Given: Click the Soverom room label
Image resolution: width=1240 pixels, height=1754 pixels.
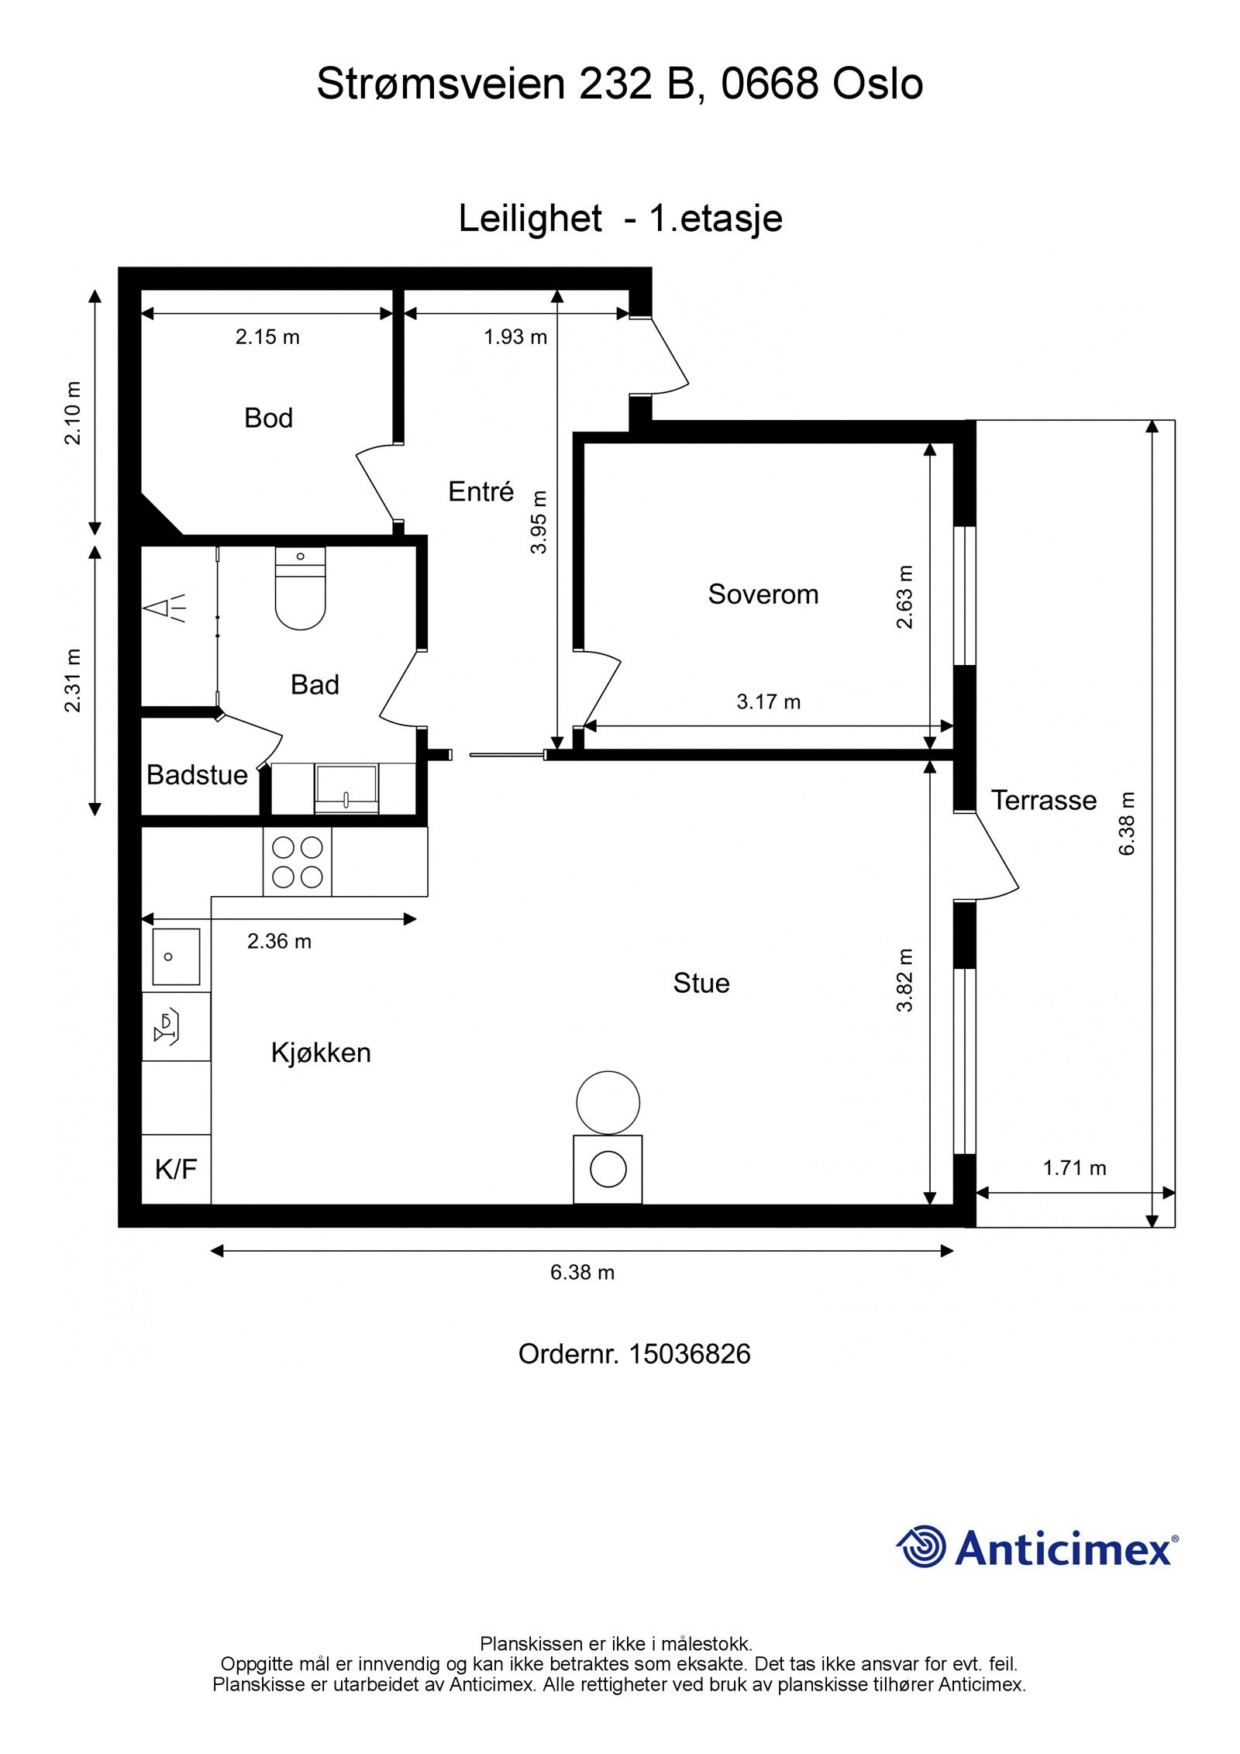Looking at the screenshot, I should (763, 594).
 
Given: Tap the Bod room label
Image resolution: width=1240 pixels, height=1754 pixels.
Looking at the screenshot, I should (268, 419).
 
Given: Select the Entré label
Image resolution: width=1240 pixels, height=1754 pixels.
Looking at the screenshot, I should (480, 492).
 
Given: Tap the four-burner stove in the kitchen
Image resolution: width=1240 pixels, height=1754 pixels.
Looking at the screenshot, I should (298, 862).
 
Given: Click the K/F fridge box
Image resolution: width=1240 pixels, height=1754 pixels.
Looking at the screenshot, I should (176, 1170).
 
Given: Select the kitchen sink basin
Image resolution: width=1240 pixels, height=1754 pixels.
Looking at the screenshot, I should (176, 956).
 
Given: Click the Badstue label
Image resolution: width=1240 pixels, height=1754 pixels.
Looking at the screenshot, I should (197, 775).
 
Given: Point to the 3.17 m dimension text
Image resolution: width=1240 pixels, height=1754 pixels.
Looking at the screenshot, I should (768, 702).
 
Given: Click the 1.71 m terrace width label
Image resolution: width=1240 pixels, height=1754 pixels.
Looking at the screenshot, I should (1074, 1168).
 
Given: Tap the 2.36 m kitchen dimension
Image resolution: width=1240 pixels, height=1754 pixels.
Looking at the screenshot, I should (279, 942).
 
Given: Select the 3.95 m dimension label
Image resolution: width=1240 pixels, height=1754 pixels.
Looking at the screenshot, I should (539, 522).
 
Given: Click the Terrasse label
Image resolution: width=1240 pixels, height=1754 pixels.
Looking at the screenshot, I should (1043, 801).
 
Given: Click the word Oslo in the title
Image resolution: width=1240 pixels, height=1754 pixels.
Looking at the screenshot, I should (877, 84).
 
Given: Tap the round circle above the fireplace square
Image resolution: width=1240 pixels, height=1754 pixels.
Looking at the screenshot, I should (608, 1102).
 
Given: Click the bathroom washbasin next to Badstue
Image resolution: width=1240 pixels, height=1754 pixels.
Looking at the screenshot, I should (346, 788).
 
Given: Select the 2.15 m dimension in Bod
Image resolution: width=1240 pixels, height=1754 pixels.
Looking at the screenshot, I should (267, 337).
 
